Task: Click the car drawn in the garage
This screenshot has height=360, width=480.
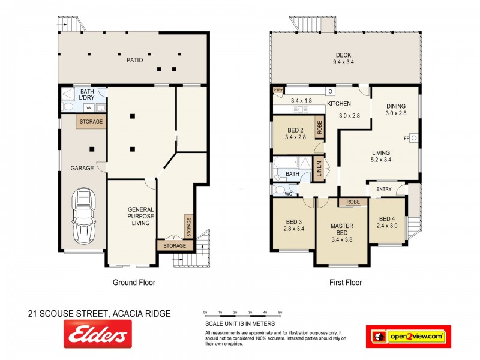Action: tap(85, 217)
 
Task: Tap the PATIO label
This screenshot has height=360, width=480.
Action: tap(134, 60)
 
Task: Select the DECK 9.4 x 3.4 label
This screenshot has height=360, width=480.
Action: tap(344, 58)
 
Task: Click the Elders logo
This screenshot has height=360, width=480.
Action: tap(98, 334)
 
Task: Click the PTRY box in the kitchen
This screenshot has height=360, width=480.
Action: tap(278, 91)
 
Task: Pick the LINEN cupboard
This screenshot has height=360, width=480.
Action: tap(320, 169)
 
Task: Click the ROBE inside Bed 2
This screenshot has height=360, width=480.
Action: tap(320, 127)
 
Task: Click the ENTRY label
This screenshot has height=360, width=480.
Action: tap(384, 190)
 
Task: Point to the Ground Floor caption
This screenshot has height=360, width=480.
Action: tap(134, 282)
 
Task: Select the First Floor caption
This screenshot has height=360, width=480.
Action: tap(346, 282)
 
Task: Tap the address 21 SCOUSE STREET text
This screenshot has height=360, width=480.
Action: tap(100, 313)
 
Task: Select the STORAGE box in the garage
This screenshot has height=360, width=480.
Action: tap(90, 122)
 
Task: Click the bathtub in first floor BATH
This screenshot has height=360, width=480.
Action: tap(287, 164)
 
